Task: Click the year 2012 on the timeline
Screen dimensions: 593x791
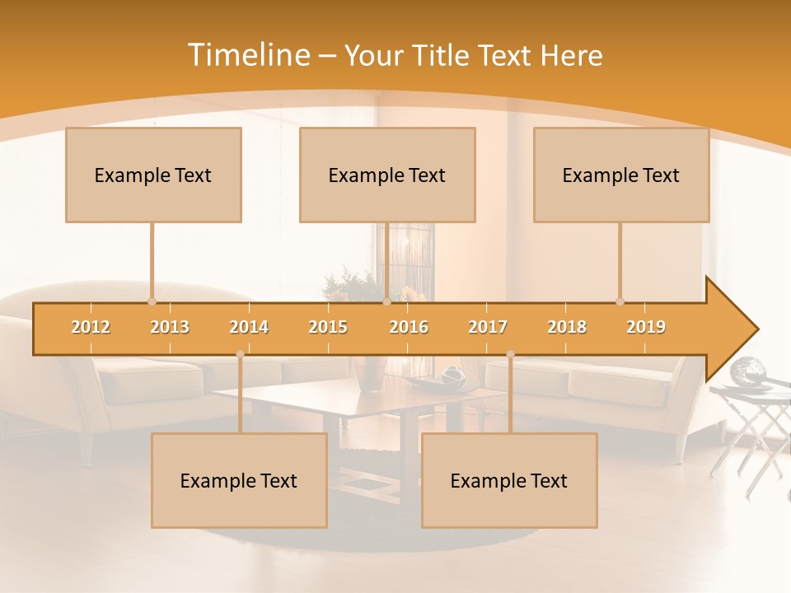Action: (x=91, y=327)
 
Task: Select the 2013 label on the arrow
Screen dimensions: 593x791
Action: (x=170, y=327)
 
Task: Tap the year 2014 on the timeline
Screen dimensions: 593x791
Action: (x=249, y=327)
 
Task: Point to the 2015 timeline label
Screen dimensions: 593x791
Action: (x=328, y=327)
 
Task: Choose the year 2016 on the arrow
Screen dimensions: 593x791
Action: (x=409, y=327)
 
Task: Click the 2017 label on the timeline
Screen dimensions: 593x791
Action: (x=488, y=327)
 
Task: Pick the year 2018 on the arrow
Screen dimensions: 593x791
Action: (x=567, y=327)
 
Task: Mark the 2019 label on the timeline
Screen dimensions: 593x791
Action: (x=646, y=327)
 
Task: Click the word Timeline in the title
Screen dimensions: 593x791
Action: (x=247, y=55)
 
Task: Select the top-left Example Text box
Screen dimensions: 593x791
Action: (x=153, y=175)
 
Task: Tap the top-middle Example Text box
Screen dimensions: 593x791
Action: (x=387, y=175)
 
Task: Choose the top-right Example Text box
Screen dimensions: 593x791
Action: (x=621, y=175)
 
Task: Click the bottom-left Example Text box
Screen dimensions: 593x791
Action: (x=239, y=480)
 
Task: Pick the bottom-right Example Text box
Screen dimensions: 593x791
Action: (x=509, y=480)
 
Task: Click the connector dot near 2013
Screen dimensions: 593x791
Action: (x=152, y=301)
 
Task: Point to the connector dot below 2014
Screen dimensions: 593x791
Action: (x=240, y=354)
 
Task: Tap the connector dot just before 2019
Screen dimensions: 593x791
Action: (x=620, y=301)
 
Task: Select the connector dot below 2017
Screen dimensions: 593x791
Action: (x=510, y=354)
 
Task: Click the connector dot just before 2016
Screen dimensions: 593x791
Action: (x=386, y=301)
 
